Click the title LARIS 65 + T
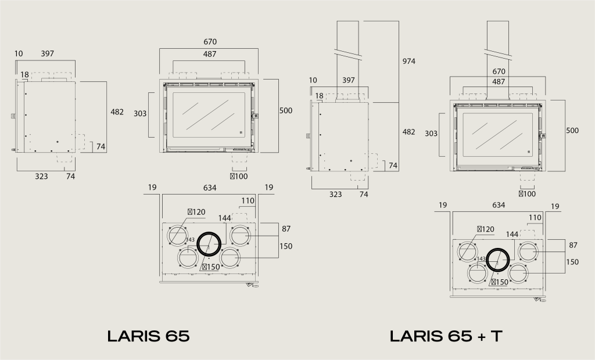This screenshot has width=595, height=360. tap(446, 336)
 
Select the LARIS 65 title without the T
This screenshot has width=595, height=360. tap(148, 336)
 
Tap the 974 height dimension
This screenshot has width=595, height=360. tap(408, 61)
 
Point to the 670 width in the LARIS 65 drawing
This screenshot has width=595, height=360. tap(210, 42)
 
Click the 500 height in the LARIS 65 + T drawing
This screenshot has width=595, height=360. tap(572, 131)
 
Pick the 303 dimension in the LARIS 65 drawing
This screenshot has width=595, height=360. tap(140, 113)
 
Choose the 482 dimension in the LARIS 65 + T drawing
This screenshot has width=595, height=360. tap(408, 132)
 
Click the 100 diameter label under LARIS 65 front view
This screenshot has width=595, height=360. tap(239, 177)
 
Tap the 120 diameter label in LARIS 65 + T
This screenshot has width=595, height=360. tap(486, 229)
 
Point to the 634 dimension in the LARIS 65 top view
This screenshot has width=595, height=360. tap(210, 188)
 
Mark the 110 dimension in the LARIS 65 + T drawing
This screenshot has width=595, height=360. tap(535, 218)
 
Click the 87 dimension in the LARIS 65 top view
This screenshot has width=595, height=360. tap(286, 229)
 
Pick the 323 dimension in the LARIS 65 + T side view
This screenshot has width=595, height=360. tap(335, 195)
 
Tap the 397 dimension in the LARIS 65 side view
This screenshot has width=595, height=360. tap(48, 54)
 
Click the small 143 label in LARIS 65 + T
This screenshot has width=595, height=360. tap(481, 259)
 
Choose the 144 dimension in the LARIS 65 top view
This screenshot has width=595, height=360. tap(225, 218)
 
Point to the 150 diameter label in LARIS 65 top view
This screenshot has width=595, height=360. tap(212, 267)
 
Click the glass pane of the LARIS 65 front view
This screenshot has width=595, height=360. tap(209, 115)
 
